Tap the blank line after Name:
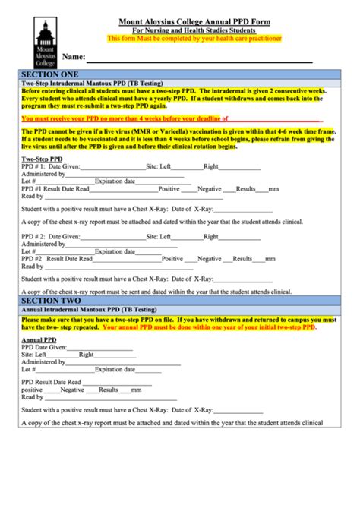point(197,59)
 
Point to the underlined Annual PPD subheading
point(38,339)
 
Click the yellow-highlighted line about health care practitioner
point(195,37)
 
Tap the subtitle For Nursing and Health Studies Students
point(195,30)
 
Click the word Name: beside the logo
point(73,57)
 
